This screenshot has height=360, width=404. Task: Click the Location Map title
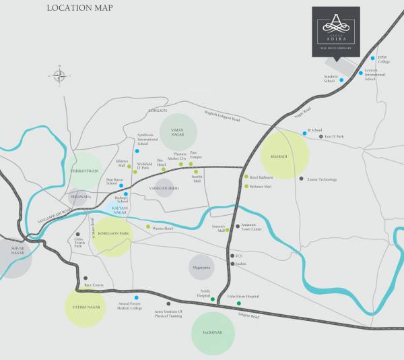click(x=80, y=8)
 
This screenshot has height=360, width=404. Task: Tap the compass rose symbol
click(x=60, y=76)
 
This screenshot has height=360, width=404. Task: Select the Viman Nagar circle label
click(x=178, y=131)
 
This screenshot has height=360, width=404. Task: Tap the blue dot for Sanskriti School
click(x=341, y=80)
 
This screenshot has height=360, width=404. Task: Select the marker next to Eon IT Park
click(x=321, y=137)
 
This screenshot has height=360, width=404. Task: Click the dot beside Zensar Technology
click(x=301, y=179)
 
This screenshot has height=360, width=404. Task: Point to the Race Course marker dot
click(x=86, y=278)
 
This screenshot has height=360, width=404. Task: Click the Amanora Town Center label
click(x=252, y=228)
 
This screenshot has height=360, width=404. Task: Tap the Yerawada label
click(x=81, y=197)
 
